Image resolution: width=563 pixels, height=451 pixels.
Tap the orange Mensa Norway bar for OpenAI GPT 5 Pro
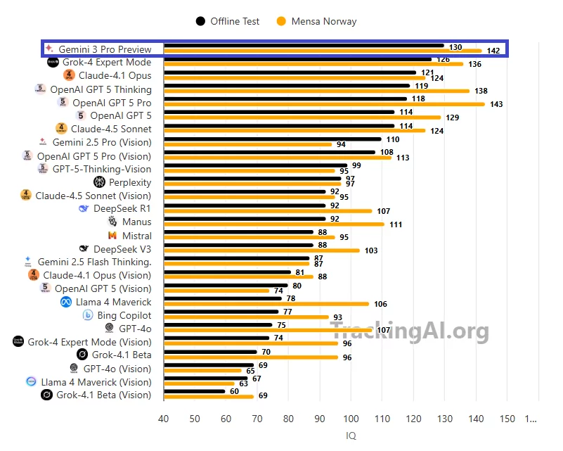point(324,104)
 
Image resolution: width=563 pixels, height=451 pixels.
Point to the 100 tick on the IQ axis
point(351,419)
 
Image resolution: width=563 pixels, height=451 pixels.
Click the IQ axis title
point(351,436)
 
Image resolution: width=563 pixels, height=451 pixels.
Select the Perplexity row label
point(130,182)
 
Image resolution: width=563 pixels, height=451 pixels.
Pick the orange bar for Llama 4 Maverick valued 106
point(266,304)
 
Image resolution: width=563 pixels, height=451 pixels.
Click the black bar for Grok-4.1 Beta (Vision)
point(195,391)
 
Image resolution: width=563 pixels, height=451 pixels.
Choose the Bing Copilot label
point(124,315)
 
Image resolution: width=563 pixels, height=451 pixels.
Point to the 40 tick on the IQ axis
point(164,419)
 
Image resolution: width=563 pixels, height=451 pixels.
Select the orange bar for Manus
point(274,224)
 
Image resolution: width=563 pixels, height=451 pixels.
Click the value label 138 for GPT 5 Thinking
point(481,91)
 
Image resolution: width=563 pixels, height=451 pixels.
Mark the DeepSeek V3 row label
point(122,249)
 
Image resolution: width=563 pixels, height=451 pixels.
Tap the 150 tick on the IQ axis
point(507,419)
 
